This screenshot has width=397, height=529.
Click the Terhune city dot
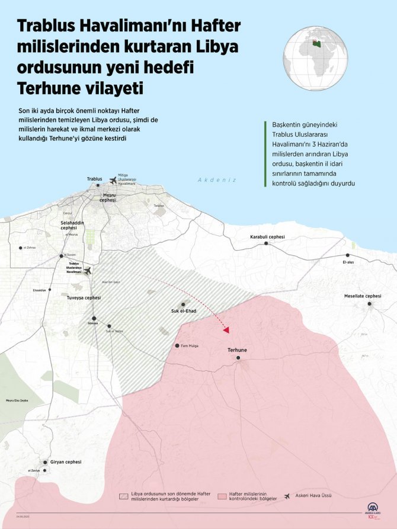click(238, 358)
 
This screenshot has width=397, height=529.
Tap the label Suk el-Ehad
click(183, 312)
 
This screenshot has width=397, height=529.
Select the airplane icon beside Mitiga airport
click(113, 180)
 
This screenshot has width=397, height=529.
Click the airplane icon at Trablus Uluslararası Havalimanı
click(88, 271)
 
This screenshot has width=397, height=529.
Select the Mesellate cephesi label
click(363, 296)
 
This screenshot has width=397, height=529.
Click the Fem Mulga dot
click(177, 345)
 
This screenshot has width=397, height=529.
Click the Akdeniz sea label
click(217, 180)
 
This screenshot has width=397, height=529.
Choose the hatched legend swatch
click(124, 496)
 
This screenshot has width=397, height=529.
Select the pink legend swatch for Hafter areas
click(222, 496)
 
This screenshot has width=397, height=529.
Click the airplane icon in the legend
click(289, 496)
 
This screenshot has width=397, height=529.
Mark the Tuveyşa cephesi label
click(84, 298)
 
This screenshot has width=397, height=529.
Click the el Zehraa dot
click(21, 248)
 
